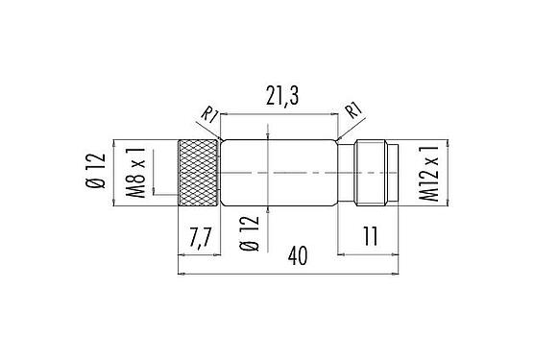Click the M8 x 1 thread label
[134, 172]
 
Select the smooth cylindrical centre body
[279, 173]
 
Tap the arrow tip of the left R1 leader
[223, 142]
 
